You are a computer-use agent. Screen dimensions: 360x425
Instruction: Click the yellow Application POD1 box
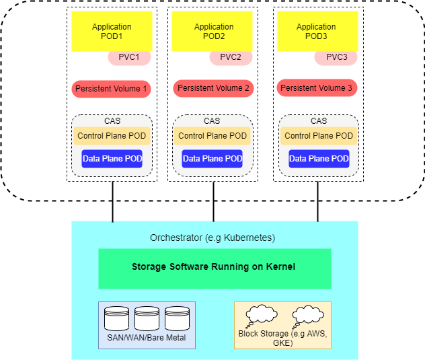(112, 31)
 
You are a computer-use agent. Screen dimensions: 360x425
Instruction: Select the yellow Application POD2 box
(213, 31)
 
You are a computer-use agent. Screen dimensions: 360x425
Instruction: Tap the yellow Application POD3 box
(316, 31)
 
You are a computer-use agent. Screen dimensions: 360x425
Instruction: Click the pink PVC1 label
(129, 57)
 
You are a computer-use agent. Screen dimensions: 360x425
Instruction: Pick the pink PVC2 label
(231, 57)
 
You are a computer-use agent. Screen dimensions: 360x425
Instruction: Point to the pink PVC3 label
(336, 57)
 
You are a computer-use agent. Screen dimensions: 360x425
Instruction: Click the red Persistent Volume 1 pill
(112, 88)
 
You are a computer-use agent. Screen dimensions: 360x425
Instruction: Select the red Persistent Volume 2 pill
(213, 88)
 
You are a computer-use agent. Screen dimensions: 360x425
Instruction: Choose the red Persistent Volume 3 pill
(316, 88)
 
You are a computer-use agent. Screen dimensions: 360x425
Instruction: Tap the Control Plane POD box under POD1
(112, 136)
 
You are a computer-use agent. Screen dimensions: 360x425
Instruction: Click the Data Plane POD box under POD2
(213, 159)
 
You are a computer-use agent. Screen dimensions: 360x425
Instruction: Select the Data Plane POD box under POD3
(319, 159)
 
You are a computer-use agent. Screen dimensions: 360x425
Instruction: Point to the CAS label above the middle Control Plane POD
(212, 121)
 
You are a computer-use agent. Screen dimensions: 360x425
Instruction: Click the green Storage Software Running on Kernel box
(215, 268)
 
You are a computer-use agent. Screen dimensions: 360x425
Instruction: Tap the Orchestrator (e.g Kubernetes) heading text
(212, 238)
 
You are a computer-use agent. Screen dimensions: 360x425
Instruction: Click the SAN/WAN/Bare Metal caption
(147, 337)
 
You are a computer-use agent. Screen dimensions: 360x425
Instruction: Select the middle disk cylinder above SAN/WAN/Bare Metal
(147, 318)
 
